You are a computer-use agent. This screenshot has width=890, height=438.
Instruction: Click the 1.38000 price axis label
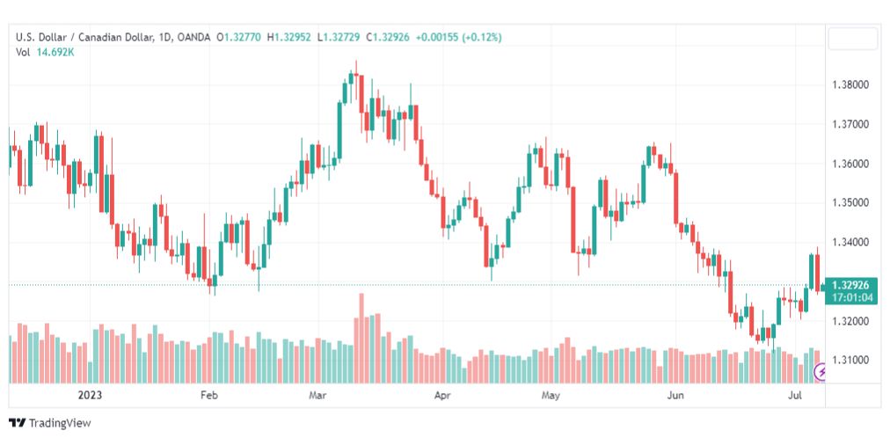(850, 85)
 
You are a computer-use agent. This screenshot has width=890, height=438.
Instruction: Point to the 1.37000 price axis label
(850, 124)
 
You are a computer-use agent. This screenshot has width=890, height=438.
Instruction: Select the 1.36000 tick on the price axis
(850, 164)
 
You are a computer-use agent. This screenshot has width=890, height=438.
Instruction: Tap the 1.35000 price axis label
(850, 203)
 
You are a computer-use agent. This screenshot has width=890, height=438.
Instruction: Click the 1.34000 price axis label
(850, 243)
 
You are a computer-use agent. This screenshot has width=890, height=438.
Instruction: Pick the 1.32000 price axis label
(850, 321)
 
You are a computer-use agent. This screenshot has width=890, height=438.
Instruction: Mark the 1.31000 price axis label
(850, 361)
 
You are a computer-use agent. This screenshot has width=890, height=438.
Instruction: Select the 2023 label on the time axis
(91, 395)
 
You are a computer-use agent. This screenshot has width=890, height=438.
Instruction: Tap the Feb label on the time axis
(209, 395)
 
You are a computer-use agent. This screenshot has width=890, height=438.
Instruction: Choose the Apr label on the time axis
(442, 395)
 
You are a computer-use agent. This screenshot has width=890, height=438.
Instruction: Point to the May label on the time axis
(550, 395)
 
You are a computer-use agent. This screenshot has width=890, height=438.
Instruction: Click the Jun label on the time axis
(675, 395)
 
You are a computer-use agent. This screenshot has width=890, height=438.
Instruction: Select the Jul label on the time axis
(795, 395)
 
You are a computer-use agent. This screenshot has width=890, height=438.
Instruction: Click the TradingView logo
(50, 423)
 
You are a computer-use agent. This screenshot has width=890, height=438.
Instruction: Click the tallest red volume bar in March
(361, 338)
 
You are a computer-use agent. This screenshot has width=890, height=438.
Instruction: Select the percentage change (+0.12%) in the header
(482, 38)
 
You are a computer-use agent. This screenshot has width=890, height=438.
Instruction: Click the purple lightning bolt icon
(821, 372)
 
